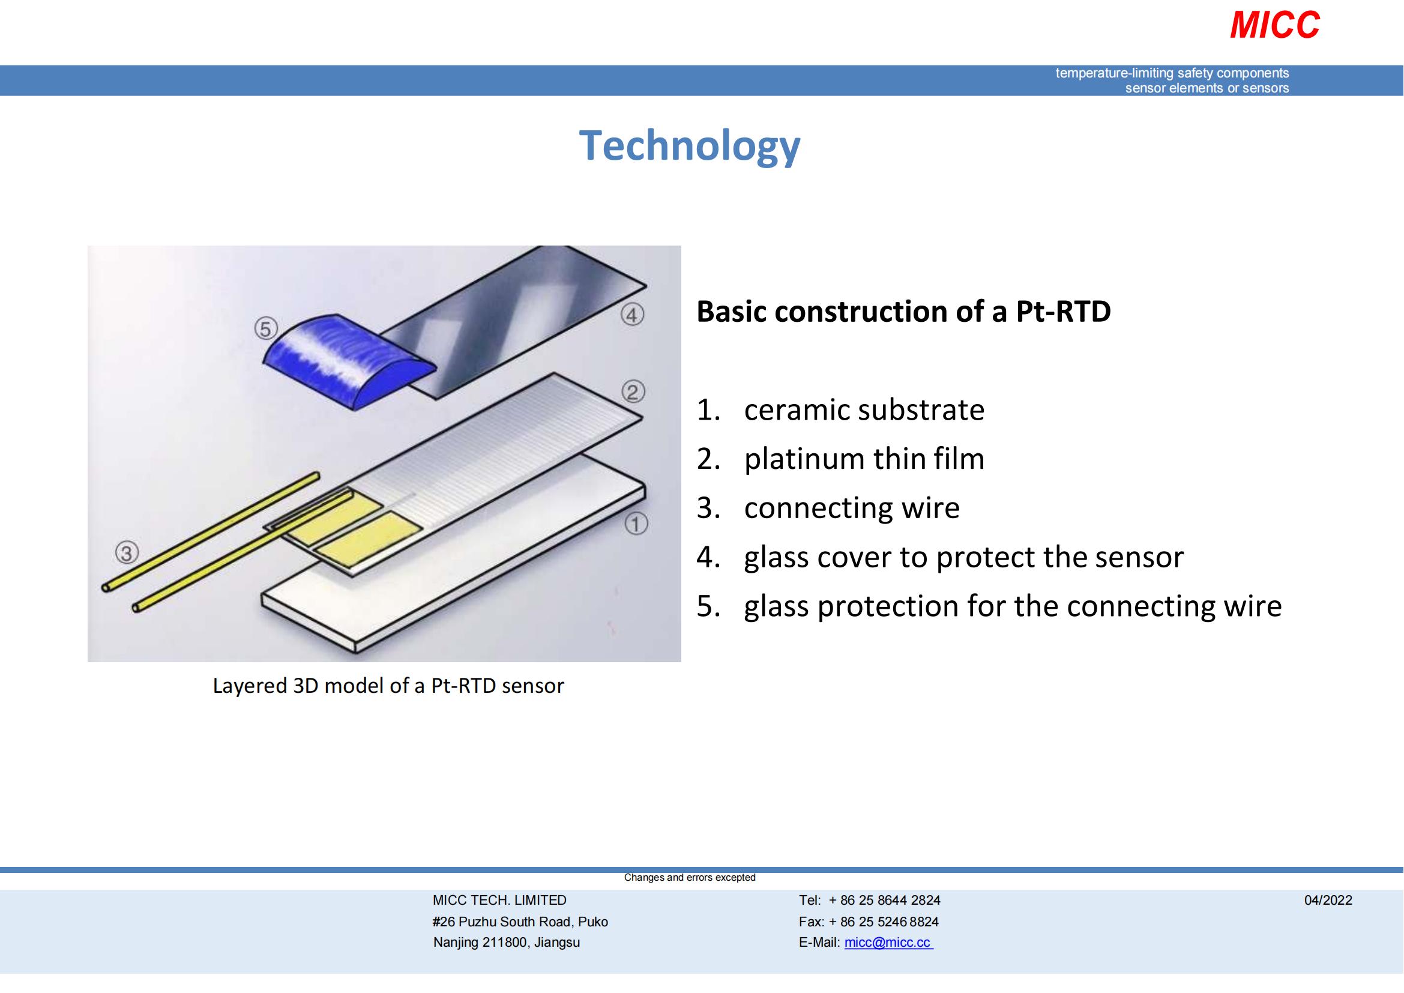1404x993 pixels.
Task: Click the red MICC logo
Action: tap(1274, 26)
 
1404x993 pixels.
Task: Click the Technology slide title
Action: tap(689, 146)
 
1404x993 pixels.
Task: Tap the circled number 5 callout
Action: tap(265, 329)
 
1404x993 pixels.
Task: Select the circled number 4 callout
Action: tap(632, 315)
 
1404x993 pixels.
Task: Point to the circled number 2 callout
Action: tap(633, 391)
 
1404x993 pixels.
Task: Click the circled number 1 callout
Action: tap(636, 524)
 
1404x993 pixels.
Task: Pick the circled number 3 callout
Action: tap(127, 554)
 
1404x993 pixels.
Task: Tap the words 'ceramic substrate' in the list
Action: tap(863, 409)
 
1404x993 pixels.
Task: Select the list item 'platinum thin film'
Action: tap(863, 459)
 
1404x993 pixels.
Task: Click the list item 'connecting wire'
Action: tap(851, 507)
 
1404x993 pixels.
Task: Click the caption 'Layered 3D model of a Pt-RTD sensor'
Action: tap(388, 686)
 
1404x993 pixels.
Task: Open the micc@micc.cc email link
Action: tap(888, 942)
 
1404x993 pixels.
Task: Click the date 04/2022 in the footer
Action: tap(1328, 900)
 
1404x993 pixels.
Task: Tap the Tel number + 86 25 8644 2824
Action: tap(884, 900)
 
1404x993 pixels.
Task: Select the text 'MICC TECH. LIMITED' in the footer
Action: tap(499, 900)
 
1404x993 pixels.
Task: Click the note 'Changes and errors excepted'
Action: tap(689, 878)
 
